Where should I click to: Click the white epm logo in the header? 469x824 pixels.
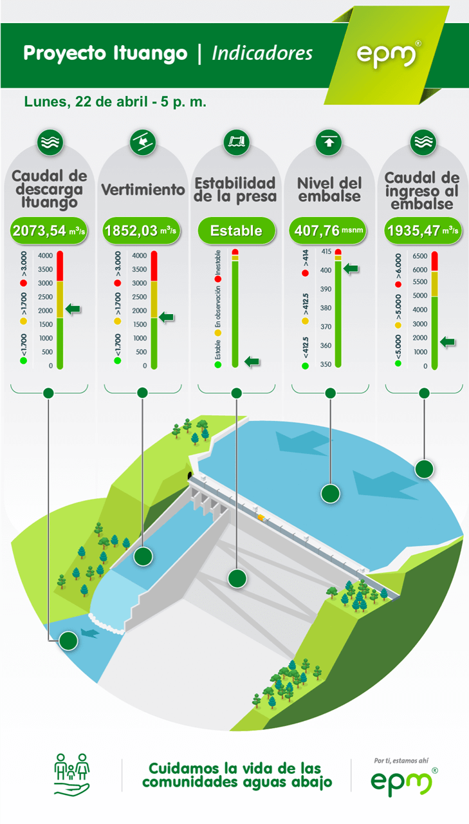388,55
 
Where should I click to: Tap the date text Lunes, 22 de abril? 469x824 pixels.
86,102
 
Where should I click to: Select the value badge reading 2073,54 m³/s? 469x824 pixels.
49,230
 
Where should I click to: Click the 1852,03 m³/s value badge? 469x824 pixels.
141,230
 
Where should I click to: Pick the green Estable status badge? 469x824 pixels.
236,230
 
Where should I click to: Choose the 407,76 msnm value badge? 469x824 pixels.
328,230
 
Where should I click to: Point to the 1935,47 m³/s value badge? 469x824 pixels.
423,230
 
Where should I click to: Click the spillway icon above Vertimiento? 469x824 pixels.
143,142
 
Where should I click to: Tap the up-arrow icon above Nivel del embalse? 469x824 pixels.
329,142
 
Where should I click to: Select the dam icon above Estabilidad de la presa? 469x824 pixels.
236,142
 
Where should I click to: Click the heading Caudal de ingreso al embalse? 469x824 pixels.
422,191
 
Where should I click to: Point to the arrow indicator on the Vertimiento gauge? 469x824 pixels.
167,317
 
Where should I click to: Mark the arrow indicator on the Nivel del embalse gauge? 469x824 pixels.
351,268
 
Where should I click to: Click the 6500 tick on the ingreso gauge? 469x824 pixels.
419,256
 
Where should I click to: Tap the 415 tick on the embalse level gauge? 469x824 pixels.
326,252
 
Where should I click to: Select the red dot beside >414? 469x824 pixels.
305,274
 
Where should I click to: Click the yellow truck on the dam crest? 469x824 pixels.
261,518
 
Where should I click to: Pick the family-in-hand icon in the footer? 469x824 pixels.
71,774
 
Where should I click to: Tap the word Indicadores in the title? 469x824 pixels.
262,53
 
